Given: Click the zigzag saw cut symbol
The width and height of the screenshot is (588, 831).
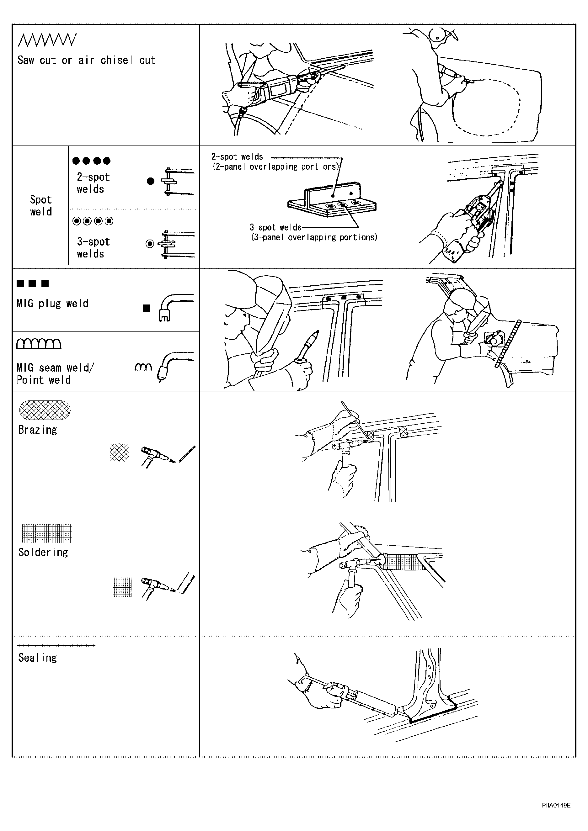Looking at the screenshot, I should point(47,40).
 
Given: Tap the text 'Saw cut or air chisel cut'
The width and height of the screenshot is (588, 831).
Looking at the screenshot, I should point(87,60).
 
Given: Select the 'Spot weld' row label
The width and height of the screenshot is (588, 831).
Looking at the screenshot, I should point(41,206).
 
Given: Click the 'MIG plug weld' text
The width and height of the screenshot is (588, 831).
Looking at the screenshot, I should point(52,303).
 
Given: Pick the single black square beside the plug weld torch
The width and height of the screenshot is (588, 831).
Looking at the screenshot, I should point(146,308).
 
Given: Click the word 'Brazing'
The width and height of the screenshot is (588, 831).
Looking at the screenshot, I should point(38,430).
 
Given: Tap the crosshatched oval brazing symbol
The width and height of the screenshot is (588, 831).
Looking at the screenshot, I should point(45,410).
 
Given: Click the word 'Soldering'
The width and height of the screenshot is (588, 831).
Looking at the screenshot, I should point(43,552).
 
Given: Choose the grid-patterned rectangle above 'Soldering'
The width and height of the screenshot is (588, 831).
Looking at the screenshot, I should point(47,533).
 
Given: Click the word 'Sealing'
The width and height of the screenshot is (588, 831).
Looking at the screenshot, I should point(38,658).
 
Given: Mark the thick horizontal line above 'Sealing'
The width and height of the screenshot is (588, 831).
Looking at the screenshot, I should point(56,645).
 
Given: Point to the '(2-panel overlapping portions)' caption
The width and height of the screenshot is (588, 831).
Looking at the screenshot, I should point(275,167).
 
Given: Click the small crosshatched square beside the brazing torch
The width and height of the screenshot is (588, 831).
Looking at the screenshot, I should point(119,453).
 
